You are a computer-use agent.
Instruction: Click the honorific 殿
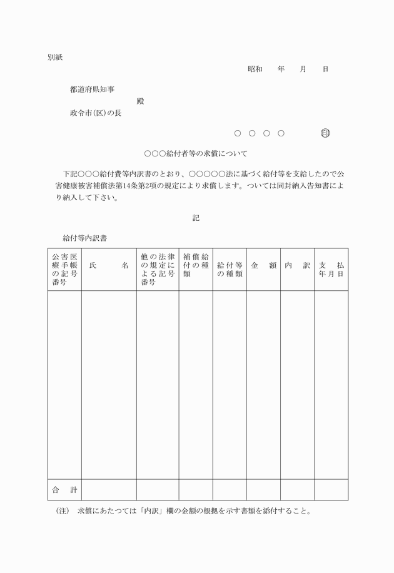[x=140, y=101]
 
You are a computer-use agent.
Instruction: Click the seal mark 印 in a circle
[x=325, y=133]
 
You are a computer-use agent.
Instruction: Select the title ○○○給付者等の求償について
[x=196, y=153]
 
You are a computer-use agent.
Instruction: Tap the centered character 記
[x=196, y=218]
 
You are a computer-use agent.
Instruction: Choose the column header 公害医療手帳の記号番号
[x=65, y=270]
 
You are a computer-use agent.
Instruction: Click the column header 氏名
[x=109, y=266]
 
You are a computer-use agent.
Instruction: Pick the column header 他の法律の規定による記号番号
[x=158, y=270]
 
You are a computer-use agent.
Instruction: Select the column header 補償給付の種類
[x=196, y=265]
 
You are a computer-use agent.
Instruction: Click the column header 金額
[x=263, y=266]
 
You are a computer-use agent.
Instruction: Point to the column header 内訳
[x=297, y=266]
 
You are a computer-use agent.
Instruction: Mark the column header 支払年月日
[x=331, y=270]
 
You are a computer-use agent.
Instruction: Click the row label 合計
[x=64, y=490]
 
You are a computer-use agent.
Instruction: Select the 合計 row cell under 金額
[x=263, y=490]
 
